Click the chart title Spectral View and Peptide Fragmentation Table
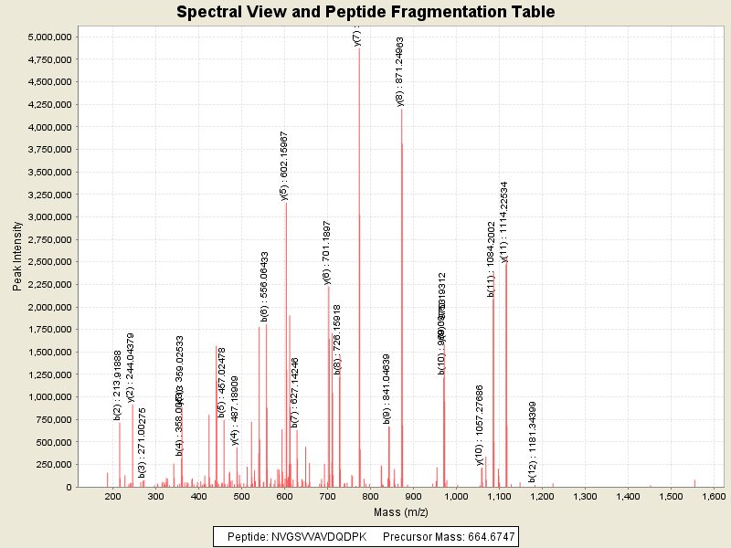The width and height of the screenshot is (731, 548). (x=365, y=12)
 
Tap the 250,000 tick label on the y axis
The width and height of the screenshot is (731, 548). (x=53, y=465)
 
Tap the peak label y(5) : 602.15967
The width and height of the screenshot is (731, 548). (x=284, y=165)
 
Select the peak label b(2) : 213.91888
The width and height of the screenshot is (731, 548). (x=117, y=385)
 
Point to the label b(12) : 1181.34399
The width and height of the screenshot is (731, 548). (x=532, y=428)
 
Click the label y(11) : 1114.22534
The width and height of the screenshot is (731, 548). (x=504, y=222)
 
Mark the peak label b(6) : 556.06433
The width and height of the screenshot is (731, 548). (x=264, y=286)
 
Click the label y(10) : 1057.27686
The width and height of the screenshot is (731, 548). (x=480, y=425)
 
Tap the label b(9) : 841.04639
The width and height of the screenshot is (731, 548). (x=387, y=389)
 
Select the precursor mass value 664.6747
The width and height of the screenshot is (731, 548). (x=485, y=536)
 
